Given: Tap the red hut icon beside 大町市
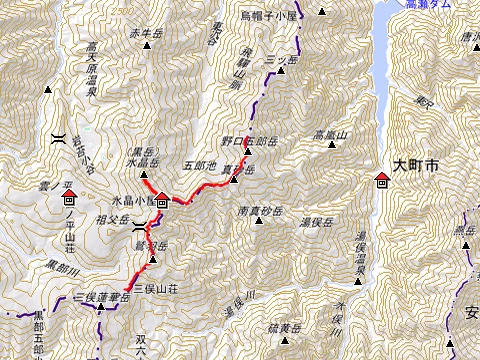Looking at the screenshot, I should pos(381,180).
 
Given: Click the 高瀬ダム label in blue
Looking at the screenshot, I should pos(427,5).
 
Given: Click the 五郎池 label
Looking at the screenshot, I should pos(199,163).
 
